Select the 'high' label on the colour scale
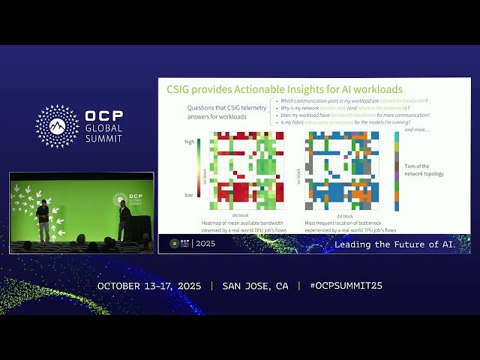pyautogui.click(x=190, y=141)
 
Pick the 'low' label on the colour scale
pyautogui.click(x=190, y=194)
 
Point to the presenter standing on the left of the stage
pyautogui.click(x=43, y=220)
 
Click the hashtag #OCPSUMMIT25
pyautogui.click(x=346, y=286)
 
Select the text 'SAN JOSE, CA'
pyautogui.click(x=255, y=286)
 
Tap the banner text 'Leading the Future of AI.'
pyautogui.click(x=401, y=244)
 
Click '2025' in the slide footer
pyautogui.click(x=205, y=244)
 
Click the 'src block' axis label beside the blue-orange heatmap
pyautogui.click(x=299, y=172)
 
